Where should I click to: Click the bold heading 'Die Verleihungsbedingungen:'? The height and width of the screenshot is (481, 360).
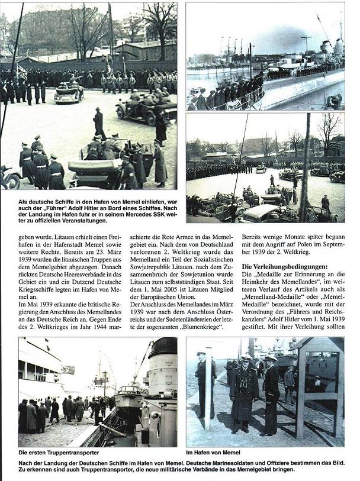coord(277,266)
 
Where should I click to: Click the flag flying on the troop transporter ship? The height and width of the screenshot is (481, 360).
coord(67,369)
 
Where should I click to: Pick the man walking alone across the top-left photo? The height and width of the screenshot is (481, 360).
coord(99,122)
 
